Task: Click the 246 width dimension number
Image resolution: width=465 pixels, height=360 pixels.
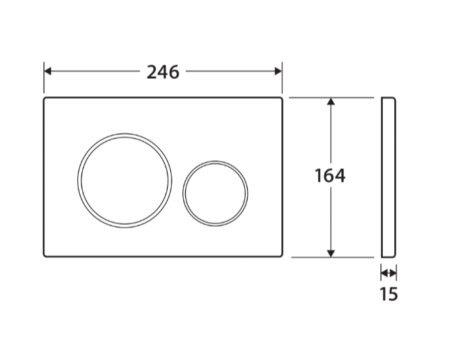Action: (x=163, y=71)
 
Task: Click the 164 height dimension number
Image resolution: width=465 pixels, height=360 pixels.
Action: (x=330, y=176)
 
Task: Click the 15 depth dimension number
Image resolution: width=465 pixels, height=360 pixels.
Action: (x=388, y=294)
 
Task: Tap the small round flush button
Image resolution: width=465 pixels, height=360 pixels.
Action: (x=215, y=192)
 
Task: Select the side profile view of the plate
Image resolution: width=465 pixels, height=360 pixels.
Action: (x=388, y=177)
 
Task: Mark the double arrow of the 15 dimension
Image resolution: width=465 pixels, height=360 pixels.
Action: (x=388, y=273)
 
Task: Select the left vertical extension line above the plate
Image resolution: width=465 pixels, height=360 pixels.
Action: (x=44, y=78)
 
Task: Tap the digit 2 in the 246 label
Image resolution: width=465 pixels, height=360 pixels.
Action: (x=153, y=71)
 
